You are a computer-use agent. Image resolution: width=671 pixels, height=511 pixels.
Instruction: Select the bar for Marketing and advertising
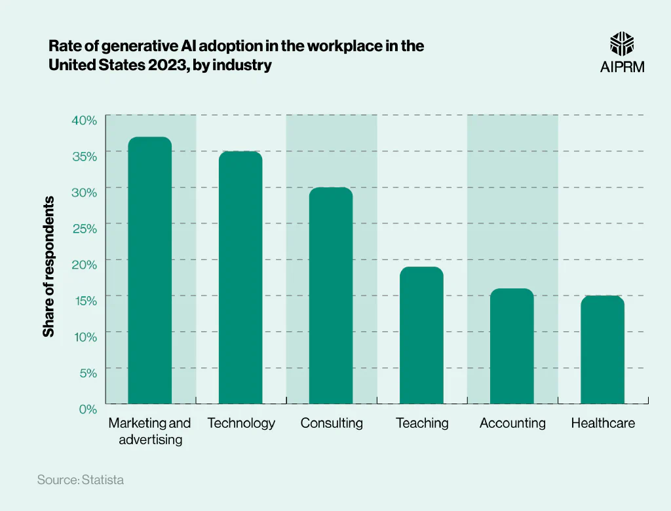149,270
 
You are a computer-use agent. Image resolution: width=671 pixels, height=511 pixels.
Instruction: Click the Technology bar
240,277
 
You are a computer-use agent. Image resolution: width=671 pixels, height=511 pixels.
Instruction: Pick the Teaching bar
421,335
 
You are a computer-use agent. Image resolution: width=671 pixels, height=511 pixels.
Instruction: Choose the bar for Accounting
512,346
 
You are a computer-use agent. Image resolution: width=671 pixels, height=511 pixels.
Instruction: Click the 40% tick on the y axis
85,120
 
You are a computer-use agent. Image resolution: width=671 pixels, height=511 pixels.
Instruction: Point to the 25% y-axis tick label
85,229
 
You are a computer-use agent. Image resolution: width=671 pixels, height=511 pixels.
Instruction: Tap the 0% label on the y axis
88,409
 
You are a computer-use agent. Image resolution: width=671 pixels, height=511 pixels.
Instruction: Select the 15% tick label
85,301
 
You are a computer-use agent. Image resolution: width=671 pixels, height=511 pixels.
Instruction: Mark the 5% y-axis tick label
88,373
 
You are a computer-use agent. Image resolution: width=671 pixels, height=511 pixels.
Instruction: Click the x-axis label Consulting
332,423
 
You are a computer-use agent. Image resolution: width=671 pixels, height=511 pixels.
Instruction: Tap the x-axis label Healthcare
603,423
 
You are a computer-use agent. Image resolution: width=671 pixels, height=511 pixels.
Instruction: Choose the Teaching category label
422,423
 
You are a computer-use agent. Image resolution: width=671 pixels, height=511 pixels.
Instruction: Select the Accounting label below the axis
512,423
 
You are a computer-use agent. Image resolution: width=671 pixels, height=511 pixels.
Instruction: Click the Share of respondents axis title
48,266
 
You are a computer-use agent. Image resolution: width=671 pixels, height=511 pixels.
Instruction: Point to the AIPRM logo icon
622,44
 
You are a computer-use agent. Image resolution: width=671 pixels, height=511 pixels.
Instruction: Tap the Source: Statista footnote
80,480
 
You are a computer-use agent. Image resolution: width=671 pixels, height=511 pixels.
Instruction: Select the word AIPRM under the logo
622,67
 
